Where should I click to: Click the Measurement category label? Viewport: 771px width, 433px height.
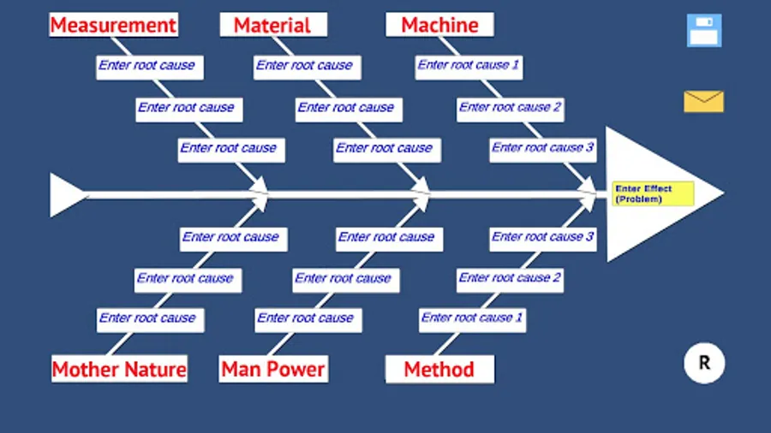coord(113,25)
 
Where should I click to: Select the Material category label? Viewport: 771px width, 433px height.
coord(272,25)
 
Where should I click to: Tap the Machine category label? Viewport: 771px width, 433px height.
coord(439,25)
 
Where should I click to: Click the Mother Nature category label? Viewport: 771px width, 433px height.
coord(119,370)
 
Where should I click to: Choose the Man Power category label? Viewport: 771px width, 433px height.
coord(273,370)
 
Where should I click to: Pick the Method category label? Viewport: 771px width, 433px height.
coord(439,370)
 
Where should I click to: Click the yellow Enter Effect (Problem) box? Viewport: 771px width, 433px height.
coord(653,193)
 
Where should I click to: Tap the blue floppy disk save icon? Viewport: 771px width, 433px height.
coord(704,31)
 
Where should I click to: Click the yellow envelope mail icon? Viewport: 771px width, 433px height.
coord(703,102)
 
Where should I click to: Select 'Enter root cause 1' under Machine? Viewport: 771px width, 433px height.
coord(469,66)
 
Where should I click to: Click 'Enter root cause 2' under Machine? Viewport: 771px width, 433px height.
coord(510,108)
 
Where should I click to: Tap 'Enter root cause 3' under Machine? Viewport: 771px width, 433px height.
coord(543,148)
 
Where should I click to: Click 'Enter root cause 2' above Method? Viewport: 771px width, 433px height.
coord(510,278)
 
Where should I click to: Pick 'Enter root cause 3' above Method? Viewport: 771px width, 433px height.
coord(543,237)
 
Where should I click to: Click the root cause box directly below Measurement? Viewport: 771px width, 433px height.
coord(146,66)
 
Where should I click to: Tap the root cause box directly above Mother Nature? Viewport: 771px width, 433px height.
coord(147,318)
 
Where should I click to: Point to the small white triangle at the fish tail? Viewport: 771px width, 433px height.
coord(65,195)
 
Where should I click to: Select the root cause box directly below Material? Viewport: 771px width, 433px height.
coord(304,66)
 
